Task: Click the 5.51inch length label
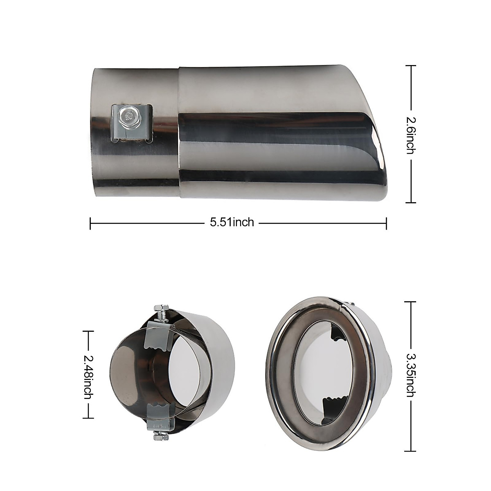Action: tap(232, 223)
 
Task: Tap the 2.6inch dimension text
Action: tap(411, 134)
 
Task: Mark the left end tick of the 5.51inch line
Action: tap(90, 223)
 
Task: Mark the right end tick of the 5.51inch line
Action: tap(386, 223)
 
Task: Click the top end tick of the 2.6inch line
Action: tap(411, 65)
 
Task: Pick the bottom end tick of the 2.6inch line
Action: tap(411, 203)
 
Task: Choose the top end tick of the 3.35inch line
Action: tap(411, 302)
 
